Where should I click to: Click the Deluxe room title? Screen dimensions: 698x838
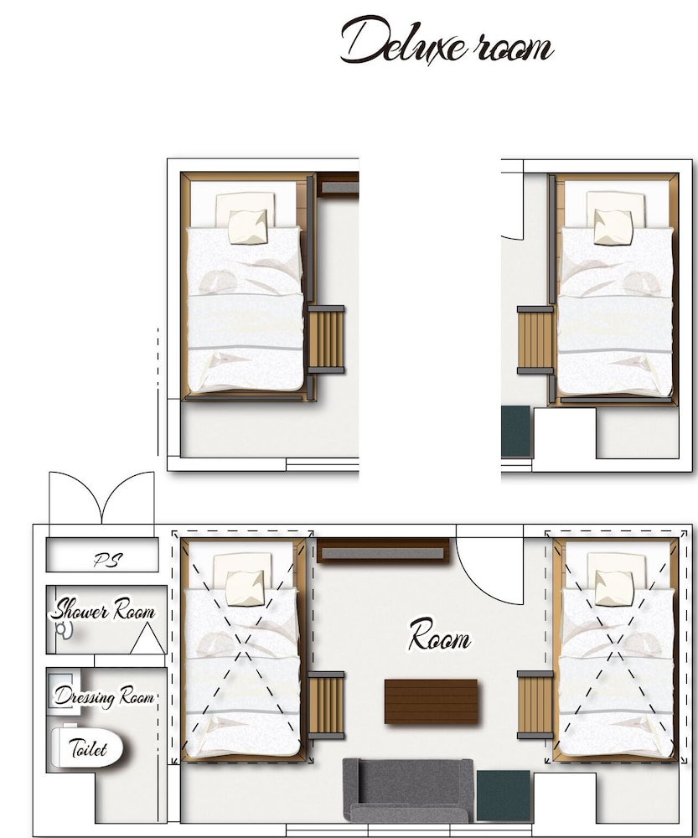coord(447,40)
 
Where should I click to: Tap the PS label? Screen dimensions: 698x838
coord(108,560)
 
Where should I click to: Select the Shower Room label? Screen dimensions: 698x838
coord(103,610)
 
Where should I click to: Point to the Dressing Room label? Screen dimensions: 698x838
coord(104,696)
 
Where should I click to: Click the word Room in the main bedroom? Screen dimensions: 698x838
coord(439,635)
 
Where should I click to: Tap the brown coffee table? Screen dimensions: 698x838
coord(431,701)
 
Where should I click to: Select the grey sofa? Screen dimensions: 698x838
coord(408,790)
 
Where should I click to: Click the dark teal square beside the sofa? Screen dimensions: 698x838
coord(503,795)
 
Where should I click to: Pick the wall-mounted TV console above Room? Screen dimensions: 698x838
coord(383,551)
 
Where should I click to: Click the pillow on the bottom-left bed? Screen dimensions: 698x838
coord(245,588)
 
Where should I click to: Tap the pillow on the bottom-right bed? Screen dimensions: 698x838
coord(613,588)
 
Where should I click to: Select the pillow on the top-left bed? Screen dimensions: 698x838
coord(248,227)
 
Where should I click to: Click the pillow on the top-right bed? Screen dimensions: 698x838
coord(613,227)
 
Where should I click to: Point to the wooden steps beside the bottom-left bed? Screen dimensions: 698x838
coord(326,706)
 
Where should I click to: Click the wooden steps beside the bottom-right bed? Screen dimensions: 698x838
coord(535,705)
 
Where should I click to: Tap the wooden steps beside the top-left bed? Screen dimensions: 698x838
coord(326,339)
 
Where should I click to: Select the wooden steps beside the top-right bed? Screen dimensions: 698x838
coord(535,339)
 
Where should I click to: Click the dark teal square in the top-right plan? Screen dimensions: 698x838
coord(516,432)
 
